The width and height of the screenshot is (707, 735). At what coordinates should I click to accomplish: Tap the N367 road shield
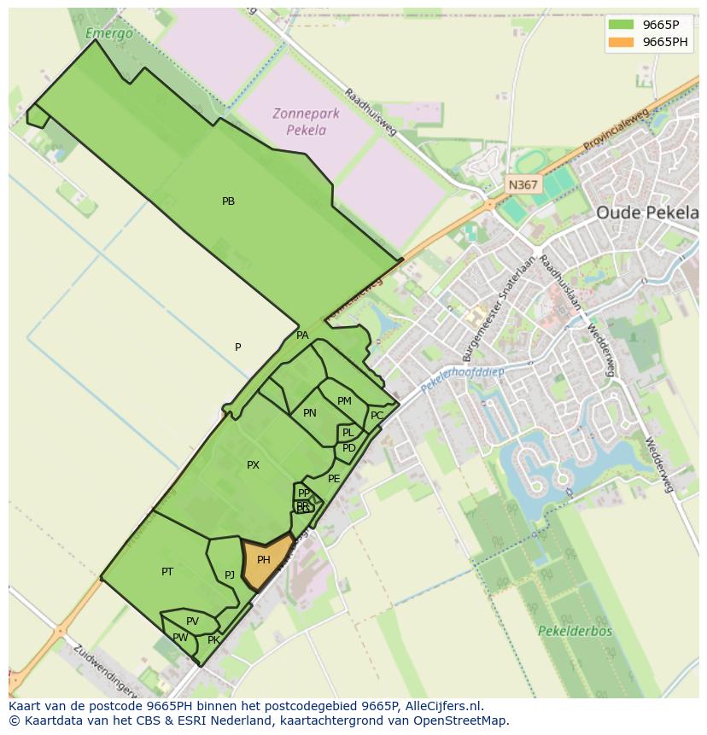tap(523, 184)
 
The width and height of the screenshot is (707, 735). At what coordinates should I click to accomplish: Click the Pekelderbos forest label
tap(575, 632)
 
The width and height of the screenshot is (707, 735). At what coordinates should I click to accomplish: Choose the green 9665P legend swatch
tap(621, 25)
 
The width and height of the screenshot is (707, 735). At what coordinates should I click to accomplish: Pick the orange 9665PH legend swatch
tap(621, 42)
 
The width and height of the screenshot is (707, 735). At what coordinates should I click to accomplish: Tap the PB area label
tap(228, 201)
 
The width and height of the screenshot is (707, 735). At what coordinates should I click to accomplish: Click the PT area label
tap(167, 571)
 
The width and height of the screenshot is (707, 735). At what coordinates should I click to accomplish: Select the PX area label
tap(253, 465)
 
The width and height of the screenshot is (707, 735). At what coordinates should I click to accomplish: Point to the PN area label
tap(310, 413)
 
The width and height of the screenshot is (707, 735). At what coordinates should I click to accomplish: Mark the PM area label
tap(344, 401)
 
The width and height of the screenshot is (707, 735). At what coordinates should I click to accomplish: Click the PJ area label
tap(230, 575)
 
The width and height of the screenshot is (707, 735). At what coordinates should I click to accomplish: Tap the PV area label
tap(192, 621)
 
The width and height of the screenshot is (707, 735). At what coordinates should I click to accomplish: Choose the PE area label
tap(334, 479)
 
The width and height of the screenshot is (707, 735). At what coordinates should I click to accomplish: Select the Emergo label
tap(109, 34)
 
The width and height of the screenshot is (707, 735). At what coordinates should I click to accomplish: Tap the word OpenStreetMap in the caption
tap(461, 720)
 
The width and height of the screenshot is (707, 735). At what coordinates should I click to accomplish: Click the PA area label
tap(302, 335)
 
